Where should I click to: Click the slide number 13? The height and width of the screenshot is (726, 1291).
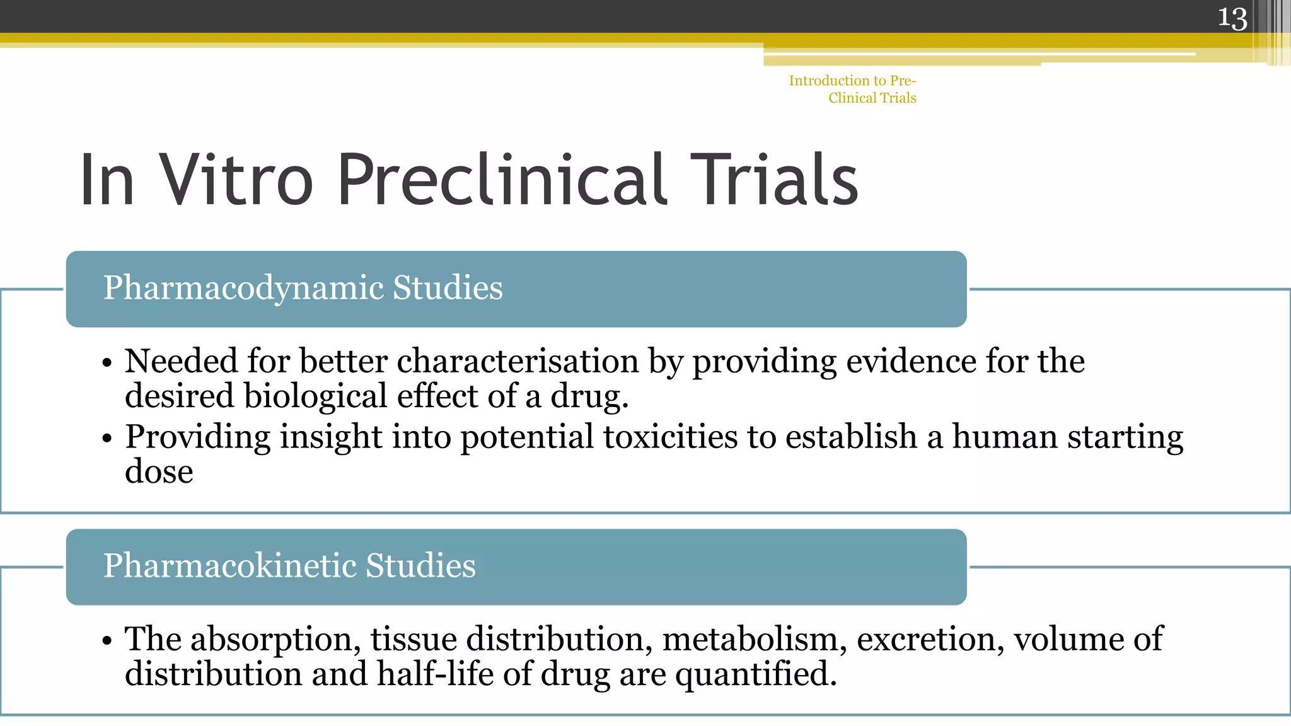(1232, 18)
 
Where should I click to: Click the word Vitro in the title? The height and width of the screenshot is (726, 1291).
(236, 180)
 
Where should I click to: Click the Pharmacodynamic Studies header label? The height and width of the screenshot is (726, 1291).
(303, 288)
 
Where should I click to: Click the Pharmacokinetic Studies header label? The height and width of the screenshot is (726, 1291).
(289, 565)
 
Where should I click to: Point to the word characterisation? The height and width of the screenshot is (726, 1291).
(518, 362)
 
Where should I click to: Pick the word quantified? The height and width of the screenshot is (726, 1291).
(756, 674)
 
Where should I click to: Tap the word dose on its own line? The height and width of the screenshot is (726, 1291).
(159, 471)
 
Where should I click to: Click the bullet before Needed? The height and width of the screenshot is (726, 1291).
(107, 364)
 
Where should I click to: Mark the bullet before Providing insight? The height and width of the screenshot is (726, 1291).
(107, 439)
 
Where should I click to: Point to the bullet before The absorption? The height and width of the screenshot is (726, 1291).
(107, 641)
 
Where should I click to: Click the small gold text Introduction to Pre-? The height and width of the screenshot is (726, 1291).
(852, 81)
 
